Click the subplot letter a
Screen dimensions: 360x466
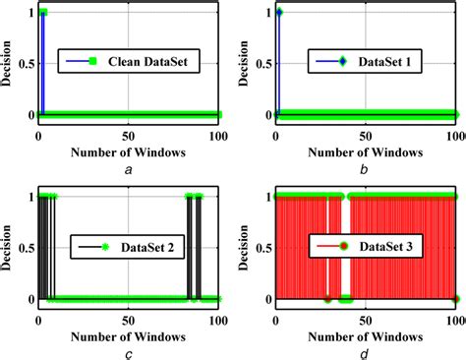point(129,170)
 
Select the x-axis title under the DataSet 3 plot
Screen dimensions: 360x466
point(368,335)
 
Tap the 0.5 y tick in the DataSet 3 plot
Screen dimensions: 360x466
point(262,247)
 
